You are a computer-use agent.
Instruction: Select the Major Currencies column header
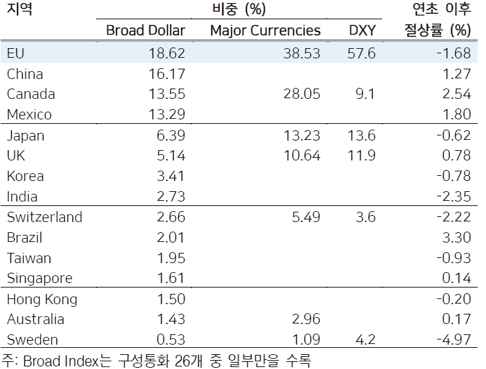[x=265, y=30]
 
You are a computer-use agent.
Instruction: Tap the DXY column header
[x=362, y=30]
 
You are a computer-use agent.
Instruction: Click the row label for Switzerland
[x=44, y=217]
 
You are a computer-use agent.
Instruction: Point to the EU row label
[x=15, y=53]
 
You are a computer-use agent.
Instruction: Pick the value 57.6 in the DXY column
[x=362, y=53]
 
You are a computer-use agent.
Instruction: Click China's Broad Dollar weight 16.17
[x=166, y=74]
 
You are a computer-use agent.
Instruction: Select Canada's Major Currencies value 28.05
[x=301, y=94]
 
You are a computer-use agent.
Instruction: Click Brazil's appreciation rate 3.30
[x=457, y=237]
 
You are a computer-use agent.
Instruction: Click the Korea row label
[x=25, y=176]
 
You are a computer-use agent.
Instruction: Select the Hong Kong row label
[x=42, y=299]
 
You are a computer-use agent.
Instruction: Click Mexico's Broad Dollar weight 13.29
[x=166, y=115]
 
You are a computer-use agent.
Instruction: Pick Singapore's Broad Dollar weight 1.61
[x=170, y=279]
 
